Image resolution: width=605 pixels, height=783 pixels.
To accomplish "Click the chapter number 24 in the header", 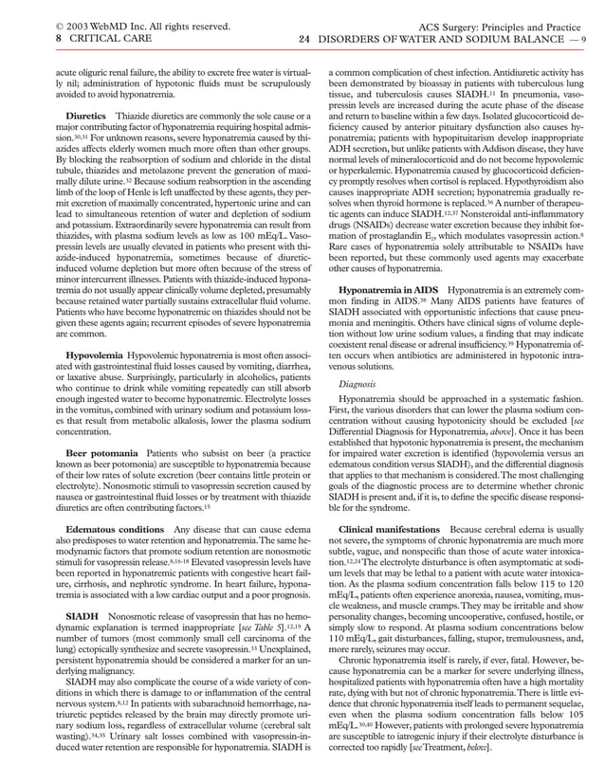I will (304, 39).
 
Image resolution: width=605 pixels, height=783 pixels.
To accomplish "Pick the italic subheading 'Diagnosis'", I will (358, 384).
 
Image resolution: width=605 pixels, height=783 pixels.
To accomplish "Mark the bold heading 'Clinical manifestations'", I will (390, 528).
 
